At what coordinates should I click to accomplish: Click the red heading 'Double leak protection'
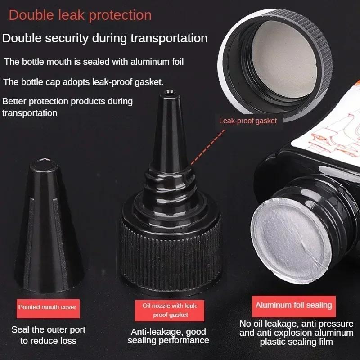click(80, 15)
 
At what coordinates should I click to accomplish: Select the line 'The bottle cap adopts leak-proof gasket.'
click(83, 82)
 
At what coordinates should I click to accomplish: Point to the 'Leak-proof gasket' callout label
click(247, 121)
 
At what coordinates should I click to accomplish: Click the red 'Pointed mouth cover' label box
click(47, 307)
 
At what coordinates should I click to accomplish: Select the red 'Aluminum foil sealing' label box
click(294, 305)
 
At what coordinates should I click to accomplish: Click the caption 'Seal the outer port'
click(48, 330)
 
